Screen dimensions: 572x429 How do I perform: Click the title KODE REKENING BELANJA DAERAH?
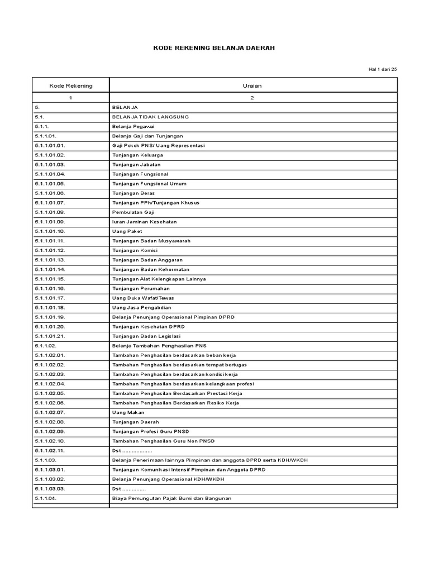pos(214,49)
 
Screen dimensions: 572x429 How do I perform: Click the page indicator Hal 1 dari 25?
pos(383,69)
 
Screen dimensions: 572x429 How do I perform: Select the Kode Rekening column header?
pos(71,85)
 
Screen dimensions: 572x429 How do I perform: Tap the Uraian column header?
pos(252,85)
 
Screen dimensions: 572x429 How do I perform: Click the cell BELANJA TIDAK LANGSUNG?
pos(150,117)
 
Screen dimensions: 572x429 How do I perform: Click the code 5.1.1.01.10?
pos(50,231)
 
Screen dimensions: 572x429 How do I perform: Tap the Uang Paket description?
pos(127,231)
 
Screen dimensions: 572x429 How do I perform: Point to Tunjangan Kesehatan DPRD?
pos(149,326)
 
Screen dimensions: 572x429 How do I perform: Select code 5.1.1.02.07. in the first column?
pos(50,412)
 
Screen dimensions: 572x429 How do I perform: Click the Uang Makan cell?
pos(128,412)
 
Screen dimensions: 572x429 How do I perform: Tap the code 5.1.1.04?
pos(46,498)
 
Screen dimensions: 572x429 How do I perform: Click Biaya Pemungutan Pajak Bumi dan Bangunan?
pos(171,498)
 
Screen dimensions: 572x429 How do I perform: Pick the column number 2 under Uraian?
pos(252,98)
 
